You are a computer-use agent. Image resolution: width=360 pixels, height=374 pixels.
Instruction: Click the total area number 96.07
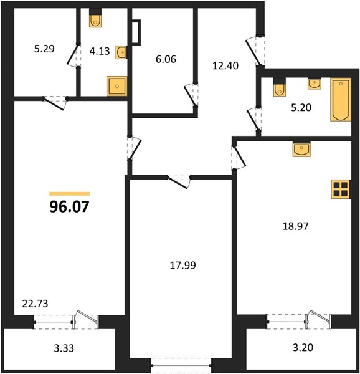pos(69,206)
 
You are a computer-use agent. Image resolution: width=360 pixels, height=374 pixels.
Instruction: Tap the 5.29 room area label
pos(44,49)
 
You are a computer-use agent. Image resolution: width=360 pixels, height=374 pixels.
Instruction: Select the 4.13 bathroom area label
pos(100,51)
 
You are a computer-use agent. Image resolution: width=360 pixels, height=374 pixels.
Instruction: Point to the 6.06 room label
pos(166,59)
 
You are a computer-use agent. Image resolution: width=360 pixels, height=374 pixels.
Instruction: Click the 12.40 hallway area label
pos(225,65)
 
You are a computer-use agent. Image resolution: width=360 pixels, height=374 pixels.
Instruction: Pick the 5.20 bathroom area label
pos(301,108)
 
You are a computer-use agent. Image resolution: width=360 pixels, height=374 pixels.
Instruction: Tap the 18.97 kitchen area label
pos(295,226)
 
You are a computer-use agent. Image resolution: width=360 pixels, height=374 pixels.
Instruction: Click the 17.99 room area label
pos(182,266)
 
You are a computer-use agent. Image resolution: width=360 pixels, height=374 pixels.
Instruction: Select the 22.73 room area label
pos(35,304)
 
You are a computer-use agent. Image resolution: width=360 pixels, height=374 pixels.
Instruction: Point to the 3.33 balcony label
pos(64,348)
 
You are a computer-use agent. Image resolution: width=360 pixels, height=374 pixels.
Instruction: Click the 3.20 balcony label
pos(303,347)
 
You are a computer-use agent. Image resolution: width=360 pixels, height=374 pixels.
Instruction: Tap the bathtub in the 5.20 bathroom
pos(341,100)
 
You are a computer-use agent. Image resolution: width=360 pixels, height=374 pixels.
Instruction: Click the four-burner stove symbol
pos(341,189)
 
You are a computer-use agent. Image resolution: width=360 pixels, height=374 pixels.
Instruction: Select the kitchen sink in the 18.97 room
pos(301,150)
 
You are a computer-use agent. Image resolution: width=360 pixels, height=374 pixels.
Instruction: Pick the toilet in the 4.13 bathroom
pos(95,18)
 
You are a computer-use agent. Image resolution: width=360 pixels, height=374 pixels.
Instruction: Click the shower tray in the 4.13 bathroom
pos(116,86)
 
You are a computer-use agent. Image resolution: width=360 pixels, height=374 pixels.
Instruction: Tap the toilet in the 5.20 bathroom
pos(280,87)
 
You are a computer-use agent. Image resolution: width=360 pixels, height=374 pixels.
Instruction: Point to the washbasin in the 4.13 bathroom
pos(121,52)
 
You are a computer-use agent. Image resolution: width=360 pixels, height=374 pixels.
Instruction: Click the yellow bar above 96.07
pos(70,194)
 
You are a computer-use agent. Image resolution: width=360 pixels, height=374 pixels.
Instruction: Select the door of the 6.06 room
pos(191,95)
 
